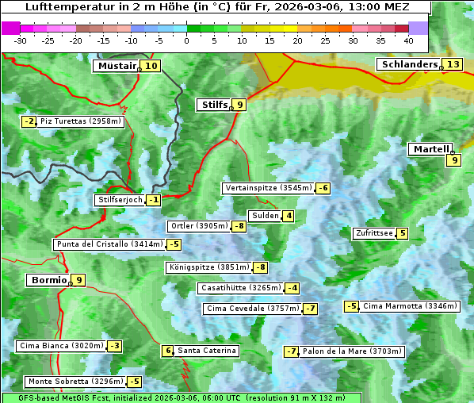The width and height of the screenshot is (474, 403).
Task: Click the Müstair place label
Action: [x=116, y=66]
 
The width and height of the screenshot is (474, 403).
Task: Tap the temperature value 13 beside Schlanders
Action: [x=453, y=64]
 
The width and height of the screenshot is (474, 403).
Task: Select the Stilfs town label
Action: [x=212, y=104]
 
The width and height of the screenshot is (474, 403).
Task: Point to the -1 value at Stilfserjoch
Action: [x=154, y=200]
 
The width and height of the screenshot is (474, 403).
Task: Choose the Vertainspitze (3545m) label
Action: [x=268, y=188]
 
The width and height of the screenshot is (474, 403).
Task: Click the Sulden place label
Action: [x=264, y=216]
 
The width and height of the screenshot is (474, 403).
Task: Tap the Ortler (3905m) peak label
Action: [x=199, y=226]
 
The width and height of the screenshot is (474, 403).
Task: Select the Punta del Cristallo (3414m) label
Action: [x=109, y=244]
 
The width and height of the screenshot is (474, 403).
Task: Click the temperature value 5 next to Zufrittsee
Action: [x=403, y=233]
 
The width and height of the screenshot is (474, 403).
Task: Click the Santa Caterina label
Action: [x=206, y=351]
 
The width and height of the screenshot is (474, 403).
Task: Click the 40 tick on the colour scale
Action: [x=408, y=40]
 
